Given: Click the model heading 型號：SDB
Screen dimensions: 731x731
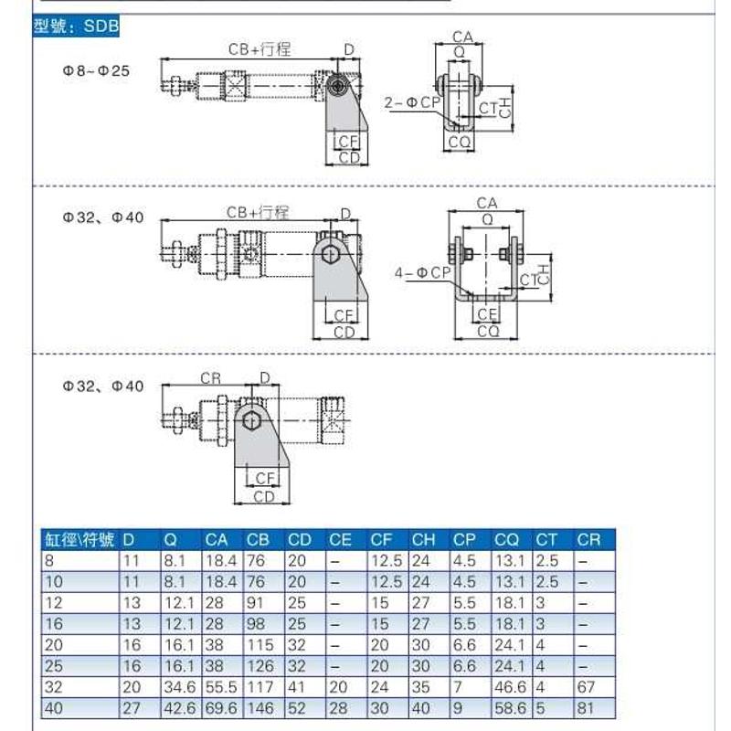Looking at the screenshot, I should click(x=76, y=26).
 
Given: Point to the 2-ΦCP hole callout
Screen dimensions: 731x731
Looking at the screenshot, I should click(x=412, y=104).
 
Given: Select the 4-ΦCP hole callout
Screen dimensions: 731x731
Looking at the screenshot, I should click(x=422, y=271).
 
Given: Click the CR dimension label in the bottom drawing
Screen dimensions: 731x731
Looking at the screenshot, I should click(x=210, y=378).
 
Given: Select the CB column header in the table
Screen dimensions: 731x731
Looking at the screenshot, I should click(x=258, y=540).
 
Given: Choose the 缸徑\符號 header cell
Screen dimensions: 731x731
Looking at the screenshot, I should click(x=79, y=540).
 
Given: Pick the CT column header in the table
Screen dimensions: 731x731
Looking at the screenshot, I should click(x=546, y=540).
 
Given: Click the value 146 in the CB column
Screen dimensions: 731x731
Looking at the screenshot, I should click(x=260, y=708).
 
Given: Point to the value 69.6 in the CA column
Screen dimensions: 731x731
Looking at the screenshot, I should click(x=219, y=708).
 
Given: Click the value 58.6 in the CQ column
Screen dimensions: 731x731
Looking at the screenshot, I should click(x=509, y=708).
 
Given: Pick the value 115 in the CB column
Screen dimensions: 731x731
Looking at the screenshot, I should click(x=260, y=645).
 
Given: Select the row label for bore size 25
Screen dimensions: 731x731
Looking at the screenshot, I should click(x=53, y=666).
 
